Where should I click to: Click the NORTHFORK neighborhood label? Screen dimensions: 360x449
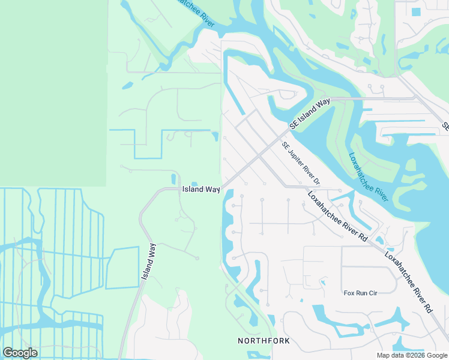264,341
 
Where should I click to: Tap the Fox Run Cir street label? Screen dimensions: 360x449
359,293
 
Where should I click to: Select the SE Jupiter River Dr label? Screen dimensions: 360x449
301,163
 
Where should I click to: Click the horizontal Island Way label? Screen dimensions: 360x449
201,189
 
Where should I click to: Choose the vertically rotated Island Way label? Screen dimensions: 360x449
148,262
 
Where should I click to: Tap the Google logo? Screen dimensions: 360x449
20,353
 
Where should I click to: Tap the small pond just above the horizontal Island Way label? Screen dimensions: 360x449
194,183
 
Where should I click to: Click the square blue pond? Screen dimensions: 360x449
416,11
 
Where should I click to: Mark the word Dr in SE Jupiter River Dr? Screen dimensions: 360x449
317,181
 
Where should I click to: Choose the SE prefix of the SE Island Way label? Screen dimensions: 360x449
294,124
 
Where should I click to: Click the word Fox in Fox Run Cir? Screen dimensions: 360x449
348,293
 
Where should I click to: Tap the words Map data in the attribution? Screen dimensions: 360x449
391,355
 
